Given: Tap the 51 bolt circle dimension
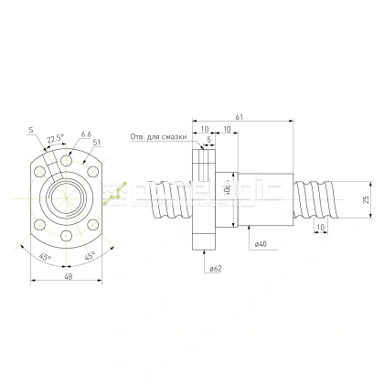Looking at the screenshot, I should click(x=96, y=142).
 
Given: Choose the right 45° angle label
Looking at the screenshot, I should click(x=90, y=257).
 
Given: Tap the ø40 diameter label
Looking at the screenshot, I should click(x=261, y=244).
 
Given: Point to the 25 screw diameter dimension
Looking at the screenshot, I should click(x=366, y=198).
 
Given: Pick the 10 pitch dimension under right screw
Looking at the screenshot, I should click(x=319, y=227).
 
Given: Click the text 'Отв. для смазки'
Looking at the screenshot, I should click(x=158, y=137).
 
